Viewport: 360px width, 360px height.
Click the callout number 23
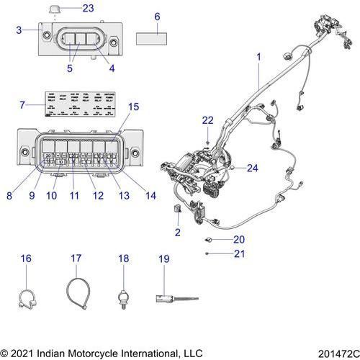click(88, 8)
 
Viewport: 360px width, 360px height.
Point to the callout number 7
click(22, 105)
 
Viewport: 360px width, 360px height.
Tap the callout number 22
click(207, 120)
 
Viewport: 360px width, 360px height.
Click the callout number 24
click(251, 168)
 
